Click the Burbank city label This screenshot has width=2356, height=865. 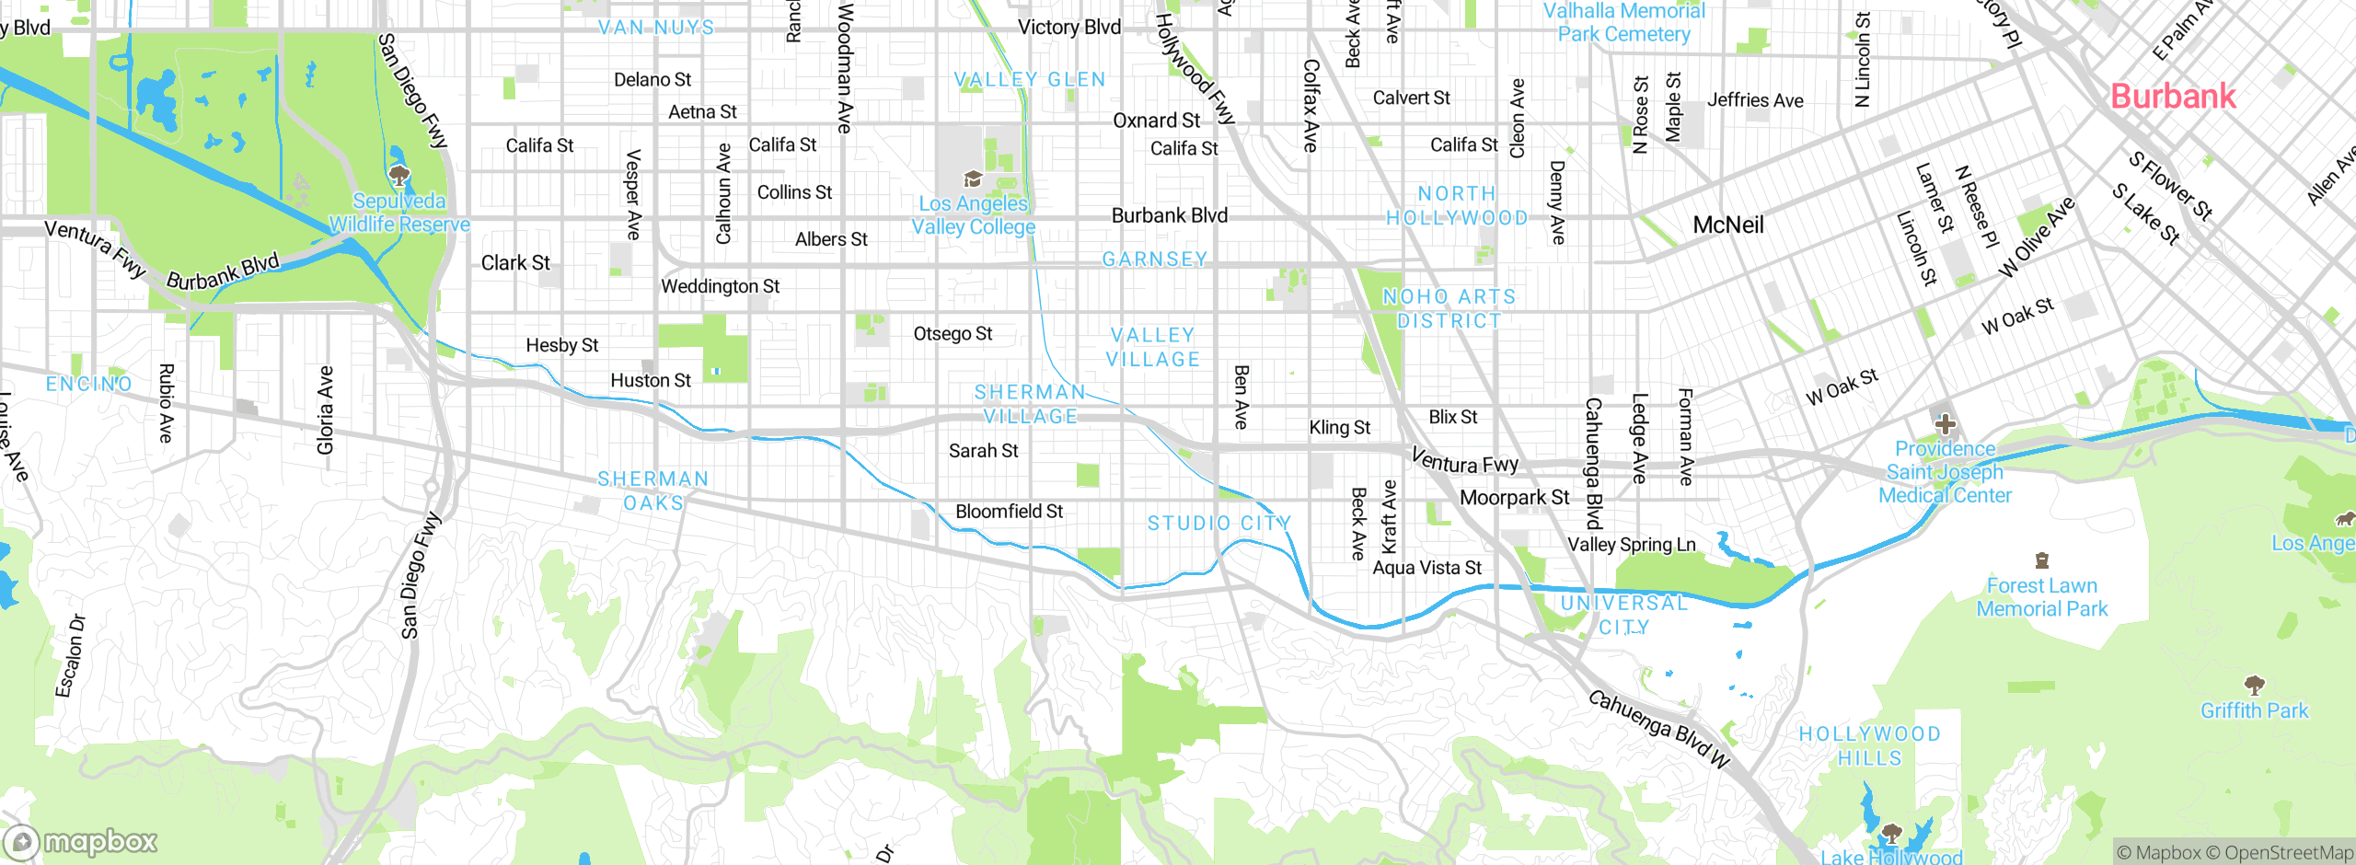[2172, 97]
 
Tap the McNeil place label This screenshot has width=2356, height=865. [1728, 225]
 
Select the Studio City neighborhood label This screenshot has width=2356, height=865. [1218, 524]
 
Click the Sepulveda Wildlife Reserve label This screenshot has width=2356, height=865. [399, 213]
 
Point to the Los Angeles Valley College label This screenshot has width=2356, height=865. [974, 215]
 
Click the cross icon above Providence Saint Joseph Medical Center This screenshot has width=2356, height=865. [1945, 424]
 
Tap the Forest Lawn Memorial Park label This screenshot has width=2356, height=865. [2041, 597]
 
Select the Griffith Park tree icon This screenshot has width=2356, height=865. [2254, 685]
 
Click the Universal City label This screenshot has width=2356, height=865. [1623, 615]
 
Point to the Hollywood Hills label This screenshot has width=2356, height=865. [1869, 746]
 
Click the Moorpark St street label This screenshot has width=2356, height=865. [1514, 498]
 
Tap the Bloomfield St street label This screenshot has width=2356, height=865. [1009, 512]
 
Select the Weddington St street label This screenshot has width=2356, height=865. [720, 287]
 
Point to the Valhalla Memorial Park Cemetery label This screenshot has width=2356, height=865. [1623, 22]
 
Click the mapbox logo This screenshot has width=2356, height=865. [81, 842]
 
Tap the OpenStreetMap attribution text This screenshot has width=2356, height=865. [2288, 853]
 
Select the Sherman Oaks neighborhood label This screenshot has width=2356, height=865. [653, 490]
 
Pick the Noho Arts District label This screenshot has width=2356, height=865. [1449, 308]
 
